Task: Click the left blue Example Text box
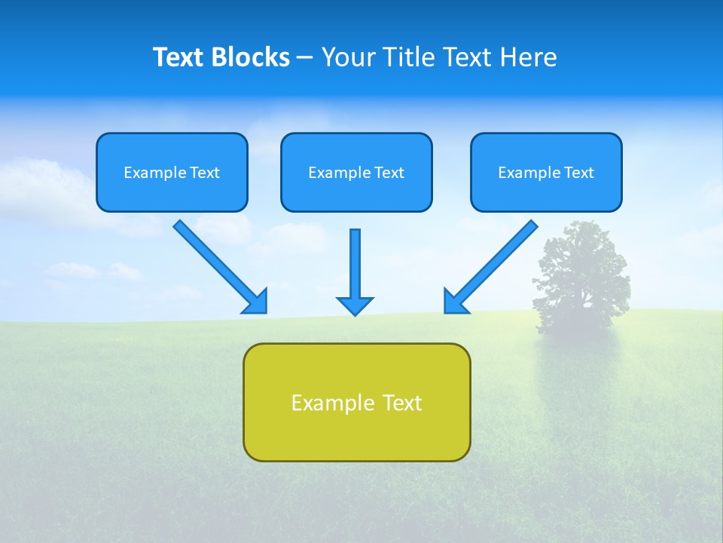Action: [x=172, y=173]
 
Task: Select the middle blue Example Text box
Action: [x=356, y=173]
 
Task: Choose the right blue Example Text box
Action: [x=546, y=173]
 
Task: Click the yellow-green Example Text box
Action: [x=356, y=402]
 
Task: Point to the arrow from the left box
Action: [x=218, y=265]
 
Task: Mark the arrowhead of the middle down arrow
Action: [x=355, y=305]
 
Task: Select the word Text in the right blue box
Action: [x=579, y=173]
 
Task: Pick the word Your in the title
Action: [x=348, y=57]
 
